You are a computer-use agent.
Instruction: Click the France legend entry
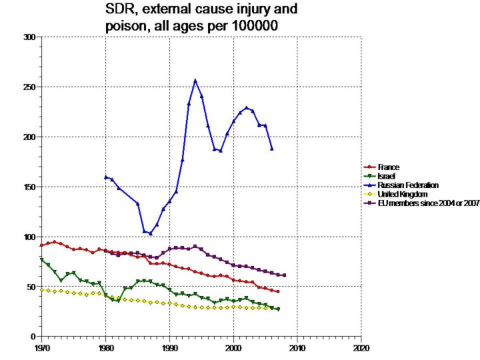coord(389,167)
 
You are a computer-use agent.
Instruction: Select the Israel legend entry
coord(386,175)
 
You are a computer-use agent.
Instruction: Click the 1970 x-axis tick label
coord(41,347)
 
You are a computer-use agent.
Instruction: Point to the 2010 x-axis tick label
coord(297,347)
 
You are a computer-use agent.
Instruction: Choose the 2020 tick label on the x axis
coord(361,347)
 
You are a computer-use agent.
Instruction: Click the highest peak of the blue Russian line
coord(195,81)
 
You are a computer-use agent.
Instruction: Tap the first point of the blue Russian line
coord(105,177)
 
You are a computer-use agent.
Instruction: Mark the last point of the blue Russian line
coord(272,149)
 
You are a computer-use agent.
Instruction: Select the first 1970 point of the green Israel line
coord(41,259)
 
